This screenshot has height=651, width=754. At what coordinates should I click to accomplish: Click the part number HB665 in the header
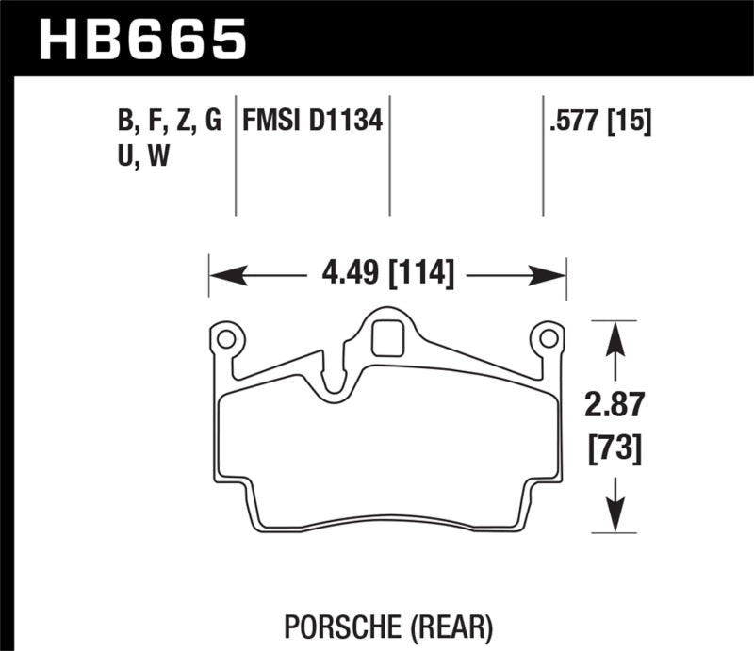point(142,39)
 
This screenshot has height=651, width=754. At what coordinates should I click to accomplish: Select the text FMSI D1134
point(312,121)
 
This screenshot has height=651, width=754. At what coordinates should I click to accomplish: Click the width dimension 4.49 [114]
point(387,275)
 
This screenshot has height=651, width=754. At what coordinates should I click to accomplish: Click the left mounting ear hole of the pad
point(225,338)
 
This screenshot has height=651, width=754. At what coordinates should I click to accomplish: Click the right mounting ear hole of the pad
point(546,338)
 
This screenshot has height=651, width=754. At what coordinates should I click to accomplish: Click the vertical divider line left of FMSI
point(235,155)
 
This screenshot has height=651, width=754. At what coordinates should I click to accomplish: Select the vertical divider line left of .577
point(543,155)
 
